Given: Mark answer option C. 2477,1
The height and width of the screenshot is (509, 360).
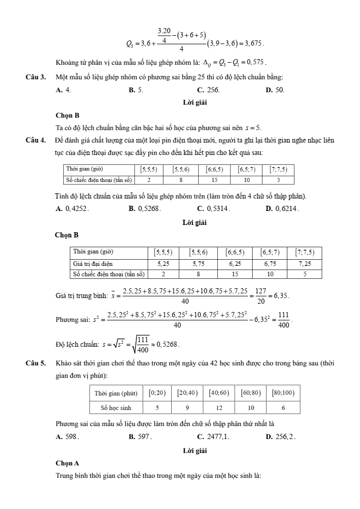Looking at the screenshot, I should point(213,437).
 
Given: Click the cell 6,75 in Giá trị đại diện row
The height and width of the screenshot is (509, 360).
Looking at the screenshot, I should point(273,263).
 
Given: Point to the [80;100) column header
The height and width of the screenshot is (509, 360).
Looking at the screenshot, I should point(283,393).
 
